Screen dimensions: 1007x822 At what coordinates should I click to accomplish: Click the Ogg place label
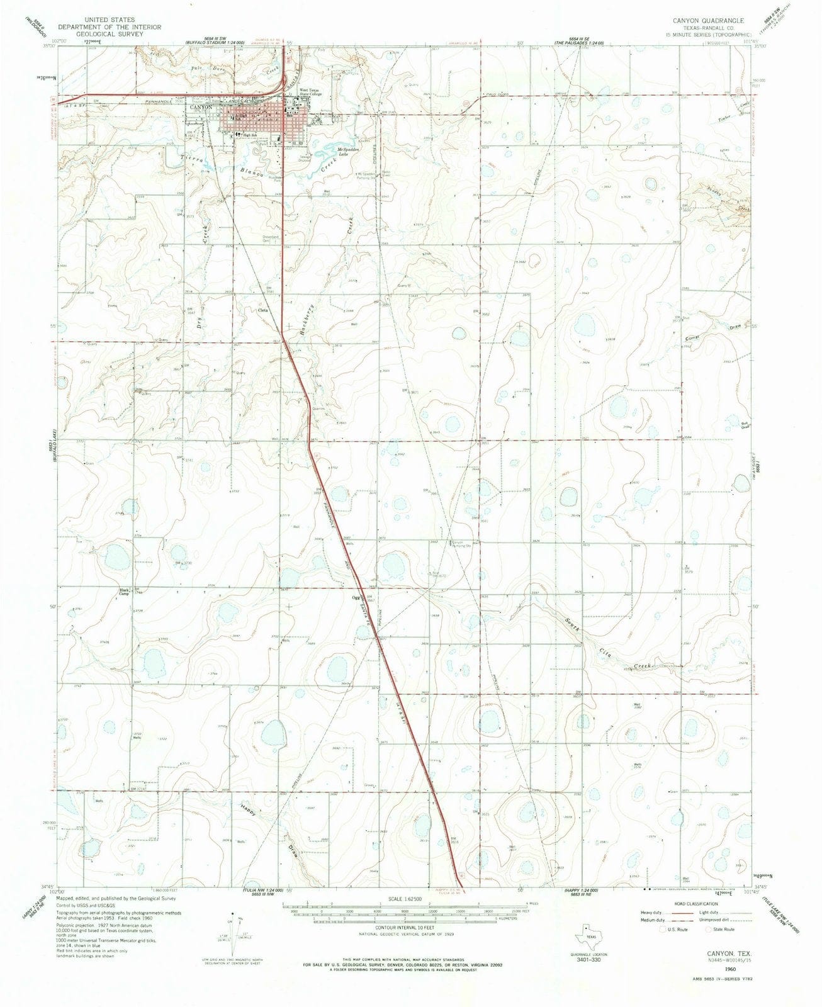tap(356, 599)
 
